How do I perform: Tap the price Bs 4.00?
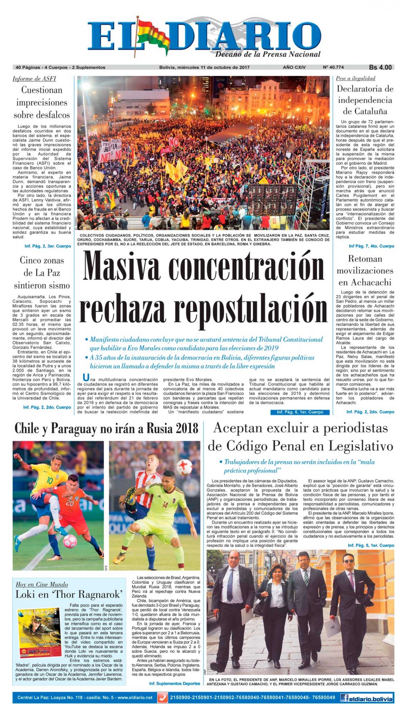[380, 67]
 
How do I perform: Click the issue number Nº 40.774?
[333, 67]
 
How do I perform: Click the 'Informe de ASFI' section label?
[34, 79]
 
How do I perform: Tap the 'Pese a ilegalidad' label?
[355, 78]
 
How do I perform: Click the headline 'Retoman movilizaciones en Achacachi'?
[365, 270]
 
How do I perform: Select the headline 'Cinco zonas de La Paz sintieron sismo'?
[42, 273]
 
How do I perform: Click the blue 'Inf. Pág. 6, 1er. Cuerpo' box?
[300, 412]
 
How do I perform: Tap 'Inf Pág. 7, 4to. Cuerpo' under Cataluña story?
[371, 246]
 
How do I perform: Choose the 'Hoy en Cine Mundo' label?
[42, 585]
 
